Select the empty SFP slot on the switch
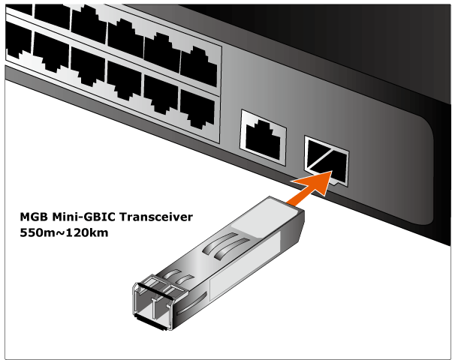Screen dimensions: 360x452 (327, 158)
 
